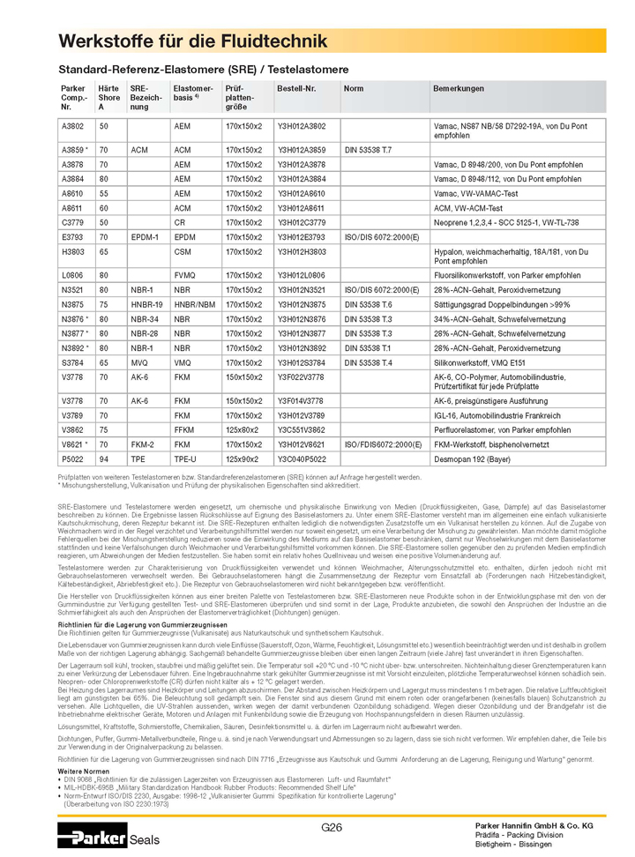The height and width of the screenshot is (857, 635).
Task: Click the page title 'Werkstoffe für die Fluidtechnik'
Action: click(192, 41)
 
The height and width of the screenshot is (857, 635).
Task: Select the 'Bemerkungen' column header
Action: click(458, 89)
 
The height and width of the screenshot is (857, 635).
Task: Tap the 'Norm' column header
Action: click(353, 89)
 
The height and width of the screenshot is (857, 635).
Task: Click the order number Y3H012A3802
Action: click(302, 127)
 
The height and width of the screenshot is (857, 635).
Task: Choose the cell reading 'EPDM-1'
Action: click(144, 237)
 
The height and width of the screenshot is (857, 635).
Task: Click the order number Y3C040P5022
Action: click(302, 459)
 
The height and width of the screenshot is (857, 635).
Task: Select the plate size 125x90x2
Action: click(243, 459)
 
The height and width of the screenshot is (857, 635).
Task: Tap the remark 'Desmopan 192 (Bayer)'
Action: click(477, 459)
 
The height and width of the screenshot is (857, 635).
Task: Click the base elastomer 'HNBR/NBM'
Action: click(194, 304)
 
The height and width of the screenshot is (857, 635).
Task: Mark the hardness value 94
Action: click(103, 459)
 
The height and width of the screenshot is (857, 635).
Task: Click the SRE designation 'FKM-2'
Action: click(143, 446)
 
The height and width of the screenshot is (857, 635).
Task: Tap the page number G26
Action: click(332, 827)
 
